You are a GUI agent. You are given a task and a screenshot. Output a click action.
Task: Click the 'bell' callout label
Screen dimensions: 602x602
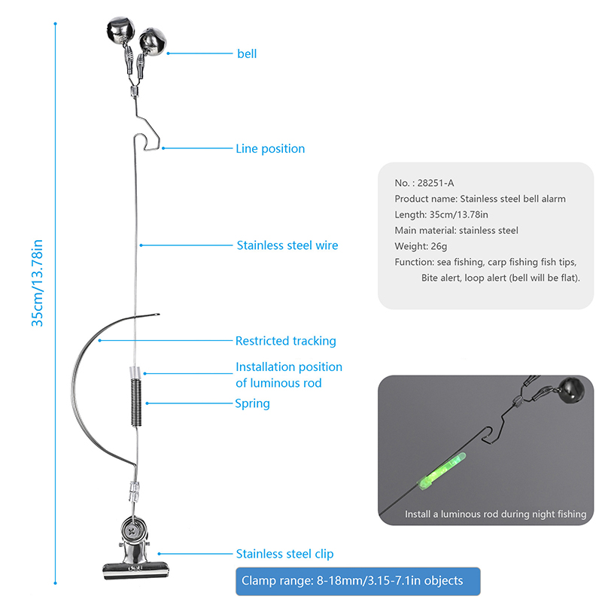click(247, 54)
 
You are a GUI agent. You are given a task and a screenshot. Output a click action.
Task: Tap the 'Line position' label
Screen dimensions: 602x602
click(270, 149)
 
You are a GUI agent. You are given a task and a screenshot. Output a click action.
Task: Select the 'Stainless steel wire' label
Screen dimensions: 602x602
click(287, 245)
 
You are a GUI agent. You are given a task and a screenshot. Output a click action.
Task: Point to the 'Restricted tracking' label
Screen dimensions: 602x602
click(285, 341)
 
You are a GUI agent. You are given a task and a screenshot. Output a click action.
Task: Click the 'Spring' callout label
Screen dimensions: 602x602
click(252, 403)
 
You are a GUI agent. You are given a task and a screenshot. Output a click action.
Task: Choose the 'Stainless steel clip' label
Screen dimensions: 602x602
click(284, 554)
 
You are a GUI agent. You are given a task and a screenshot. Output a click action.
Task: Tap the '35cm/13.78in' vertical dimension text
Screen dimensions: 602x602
click(37, 283)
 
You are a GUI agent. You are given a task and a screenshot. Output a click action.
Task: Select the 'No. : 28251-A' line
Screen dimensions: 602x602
click(424, 183)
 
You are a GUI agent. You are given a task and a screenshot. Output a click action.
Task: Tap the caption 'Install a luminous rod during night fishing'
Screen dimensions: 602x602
click(495, 514)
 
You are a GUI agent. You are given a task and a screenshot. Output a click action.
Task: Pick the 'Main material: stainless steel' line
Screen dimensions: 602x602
click(456, 230)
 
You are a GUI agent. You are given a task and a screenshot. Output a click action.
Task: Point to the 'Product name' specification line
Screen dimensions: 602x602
click(479, 199)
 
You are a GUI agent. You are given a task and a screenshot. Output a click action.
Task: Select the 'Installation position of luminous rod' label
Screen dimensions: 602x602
click(288, 375)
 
